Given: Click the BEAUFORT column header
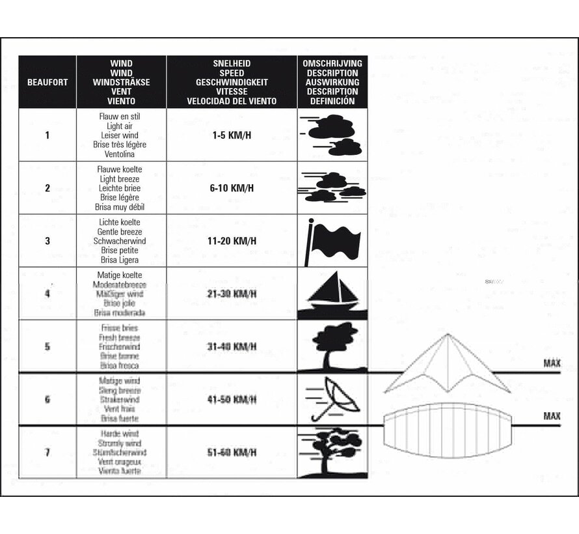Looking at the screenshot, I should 47,83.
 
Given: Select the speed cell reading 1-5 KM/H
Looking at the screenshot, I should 232,135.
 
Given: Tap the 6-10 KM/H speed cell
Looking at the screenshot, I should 232,188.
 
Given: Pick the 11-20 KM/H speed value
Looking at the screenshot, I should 232,241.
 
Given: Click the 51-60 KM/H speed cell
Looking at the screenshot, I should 232,452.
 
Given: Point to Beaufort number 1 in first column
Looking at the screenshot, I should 47,135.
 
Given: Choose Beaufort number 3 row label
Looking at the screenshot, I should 47,241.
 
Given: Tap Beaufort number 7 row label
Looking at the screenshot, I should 47,452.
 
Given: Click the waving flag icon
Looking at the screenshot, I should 332,241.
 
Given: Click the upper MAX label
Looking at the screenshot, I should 552,363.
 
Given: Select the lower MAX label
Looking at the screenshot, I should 552,415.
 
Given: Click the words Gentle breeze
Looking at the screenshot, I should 120,232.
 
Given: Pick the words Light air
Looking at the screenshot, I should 120,126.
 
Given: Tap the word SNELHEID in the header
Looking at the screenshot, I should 232,64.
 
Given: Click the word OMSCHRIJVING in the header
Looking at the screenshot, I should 332,64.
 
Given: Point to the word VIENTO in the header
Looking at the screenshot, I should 122,102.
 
